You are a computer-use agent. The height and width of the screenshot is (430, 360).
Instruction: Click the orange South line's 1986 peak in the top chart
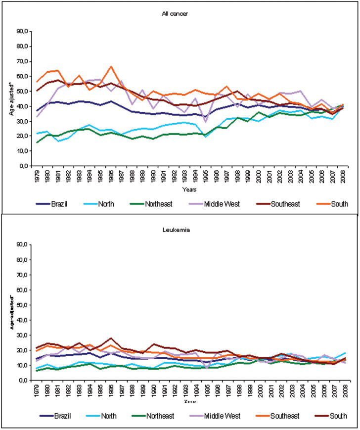click(112, 66)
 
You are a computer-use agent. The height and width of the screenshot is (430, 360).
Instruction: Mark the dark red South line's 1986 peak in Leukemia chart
click(112, 338)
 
